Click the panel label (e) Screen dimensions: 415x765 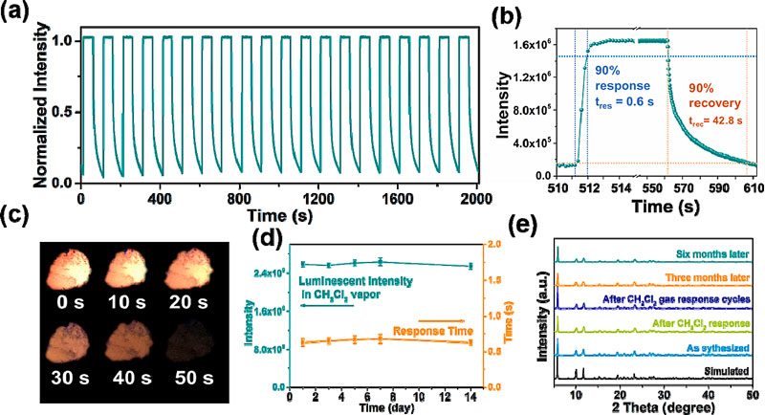tap(528, 233)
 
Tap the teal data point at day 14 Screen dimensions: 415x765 tap(469, 266)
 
